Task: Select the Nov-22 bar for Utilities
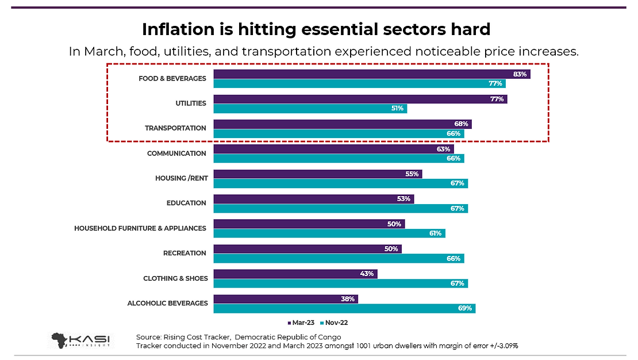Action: tap(310, 108)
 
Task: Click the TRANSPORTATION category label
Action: tap(175, 128)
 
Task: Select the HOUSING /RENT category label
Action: tap(180, 178)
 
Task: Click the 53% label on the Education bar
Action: tap(403, 199)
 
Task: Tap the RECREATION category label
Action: tap(185, 253)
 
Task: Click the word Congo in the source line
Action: tap(329, 336)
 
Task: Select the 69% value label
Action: tap(465, 308)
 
